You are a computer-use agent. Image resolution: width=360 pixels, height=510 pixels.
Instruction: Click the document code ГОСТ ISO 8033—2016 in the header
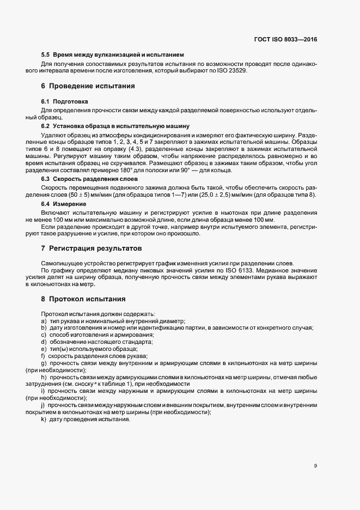point(285,39)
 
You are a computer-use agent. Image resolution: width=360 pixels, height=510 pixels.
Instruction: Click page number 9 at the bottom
point(315,465)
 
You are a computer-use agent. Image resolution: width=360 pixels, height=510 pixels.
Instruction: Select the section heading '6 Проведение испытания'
point(88,86)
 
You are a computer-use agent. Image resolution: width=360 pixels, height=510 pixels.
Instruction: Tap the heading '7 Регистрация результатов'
point(91,248)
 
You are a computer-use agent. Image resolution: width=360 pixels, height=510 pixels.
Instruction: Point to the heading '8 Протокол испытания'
point(83,299)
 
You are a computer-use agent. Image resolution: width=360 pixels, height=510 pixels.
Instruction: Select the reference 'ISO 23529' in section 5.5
point(233,70)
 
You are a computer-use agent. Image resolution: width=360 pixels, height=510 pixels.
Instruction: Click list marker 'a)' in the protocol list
point(44,321)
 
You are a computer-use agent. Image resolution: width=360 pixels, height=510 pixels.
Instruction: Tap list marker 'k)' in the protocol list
point(44,426)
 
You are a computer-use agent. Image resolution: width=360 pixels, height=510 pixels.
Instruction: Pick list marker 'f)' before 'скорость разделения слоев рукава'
point(43,356)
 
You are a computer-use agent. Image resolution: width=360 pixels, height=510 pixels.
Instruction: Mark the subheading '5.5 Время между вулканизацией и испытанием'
point(113,54)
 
